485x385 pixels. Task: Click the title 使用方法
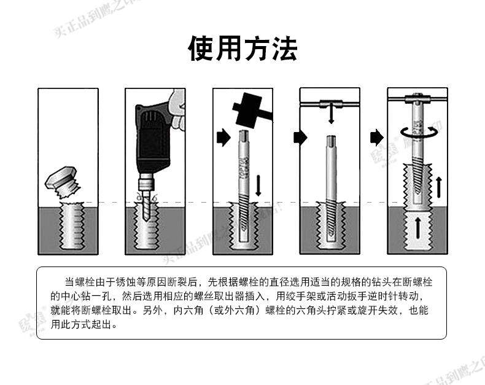(x=243, y=49)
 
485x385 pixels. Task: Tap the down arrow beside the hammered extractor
(x=258, y=185)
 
